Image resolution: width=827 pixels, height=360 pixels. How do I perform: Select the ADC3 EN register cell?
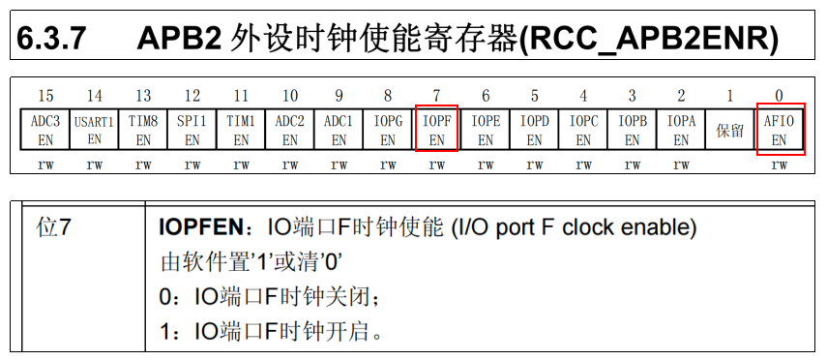[x=45, y=130]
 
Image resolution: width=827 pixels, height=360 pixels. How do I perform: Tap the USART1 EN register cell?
[x=94, y=130]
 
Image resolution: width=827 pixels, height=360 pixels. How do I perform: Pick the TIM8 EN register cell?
[x=143, y=130]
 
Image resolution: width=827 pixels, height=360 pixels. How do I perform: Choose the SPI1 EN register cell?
[x=192, y=130]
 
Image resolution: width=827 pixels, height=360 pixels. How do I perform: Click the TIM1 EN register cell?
[x=241, y=130]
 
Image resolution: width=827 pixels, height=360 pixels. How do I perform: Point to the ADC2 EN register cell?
[x=290, y=130]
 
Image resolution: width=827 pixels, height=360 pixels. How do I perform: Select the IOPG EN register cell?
[x=388, y=130]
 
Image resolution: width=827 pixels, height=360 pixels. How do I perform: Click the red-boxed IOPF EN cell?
[x=436, y=130]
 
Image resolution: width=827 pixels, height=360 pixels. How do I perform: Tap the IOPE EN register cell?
[x=486, y=130]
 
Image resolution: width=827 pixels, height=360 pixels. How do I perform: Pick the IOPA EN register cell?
[x=681, y=130]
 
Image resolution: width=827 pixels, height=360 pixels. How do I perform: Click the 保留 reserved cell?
[x=729, y=130]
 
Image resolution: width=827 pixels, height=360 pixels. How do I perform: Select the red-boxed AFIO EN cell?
[x=780, y=130]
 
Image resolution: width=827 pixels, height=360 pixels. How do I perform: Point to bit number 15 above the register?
[x=45, y=96]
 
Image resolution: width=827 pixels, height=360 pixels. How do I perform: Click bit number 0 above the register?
[x=780, y=96]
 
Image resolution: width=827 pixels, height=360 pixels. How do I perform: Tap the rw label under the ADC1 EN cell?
[x=339, y=165]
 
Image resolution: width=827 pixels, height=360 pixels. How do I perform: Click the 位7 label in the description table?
[x=54, y=229]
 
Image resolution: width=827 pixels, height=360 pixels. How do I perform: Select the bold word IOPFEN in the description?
[x=200, y=229]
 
